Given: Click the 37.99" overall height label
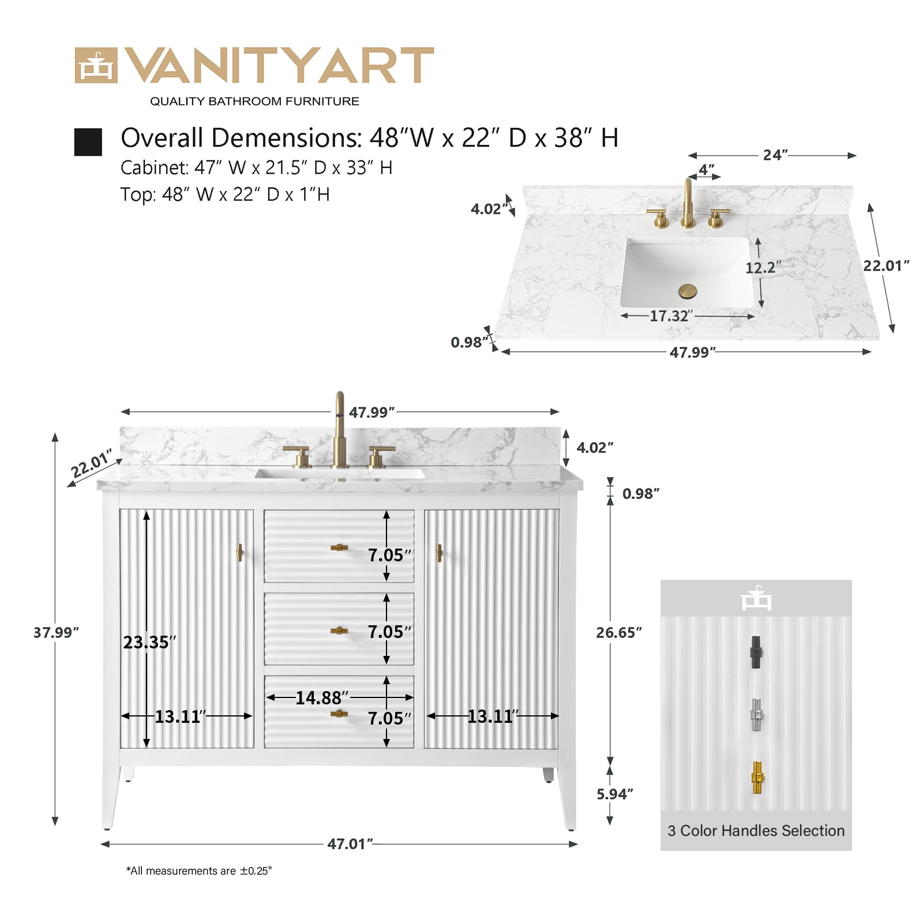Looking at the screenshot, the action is click(x=56, y=632).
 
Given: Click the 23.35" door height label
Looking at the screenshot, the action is click(x=149, y=642).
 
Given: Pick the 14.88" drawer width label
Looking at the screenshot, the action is click(x=322, y=698).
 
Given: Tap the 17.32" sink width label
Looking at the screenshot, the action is click(x=671, y=316).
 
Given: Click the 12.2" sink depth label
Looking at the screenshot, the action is click(x=763, y=268).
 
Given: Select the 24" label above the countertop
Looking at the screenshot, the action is click(x=775, y=155).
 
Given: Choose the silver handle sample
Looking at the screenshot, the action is click(x=756, y=715).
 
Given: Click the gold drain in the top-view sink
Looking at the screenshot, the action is click(x=687, y=291).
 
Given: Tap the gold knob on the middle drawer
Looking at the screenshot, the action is click(x=339, y=631).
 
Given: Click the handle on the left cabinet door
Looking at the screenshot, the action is click(x=239, y=553).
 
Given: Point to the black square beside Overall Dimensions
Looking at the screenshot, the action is click(x=88, y=142).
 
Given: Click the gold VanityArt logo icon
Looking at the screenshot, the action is click(x=96, y=65).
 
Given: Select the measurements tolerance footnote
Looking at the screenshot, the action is click(x=199, y=871).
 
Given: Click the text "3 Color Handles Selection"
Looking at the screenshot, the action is click(x=756, y=831).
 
